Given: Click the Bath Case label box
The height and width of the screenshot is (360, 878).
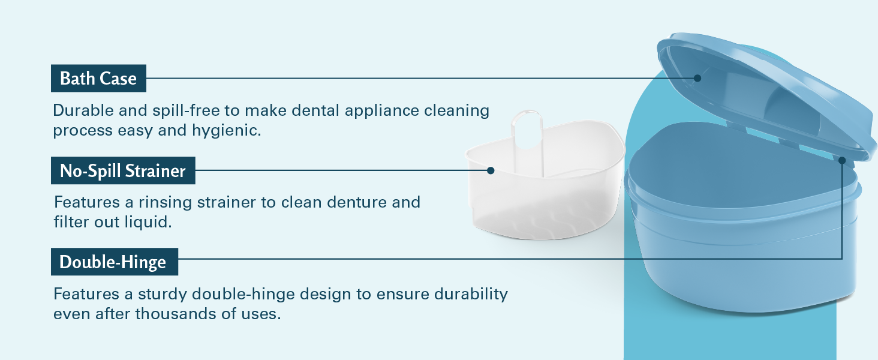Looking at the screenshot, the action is (98, 79).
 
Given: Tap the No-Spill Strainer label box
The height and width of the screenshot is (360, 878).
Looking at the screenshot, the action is (123, 170).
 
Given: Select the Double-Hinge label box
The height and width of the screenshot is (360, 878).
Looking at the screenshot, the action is (115, 262).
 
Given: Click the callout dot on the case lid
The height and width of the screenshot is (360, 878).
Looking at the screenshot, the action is (697, 78).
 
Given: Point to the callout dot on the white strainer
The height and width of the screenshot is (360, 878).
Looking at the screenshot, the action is (491, 170).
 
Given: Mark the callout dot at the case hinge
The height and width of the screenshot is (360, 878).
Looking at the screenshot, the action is (842, 160).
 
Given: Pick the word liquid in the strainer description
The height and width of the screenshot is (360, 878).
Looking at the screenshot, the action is (148, 223).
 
